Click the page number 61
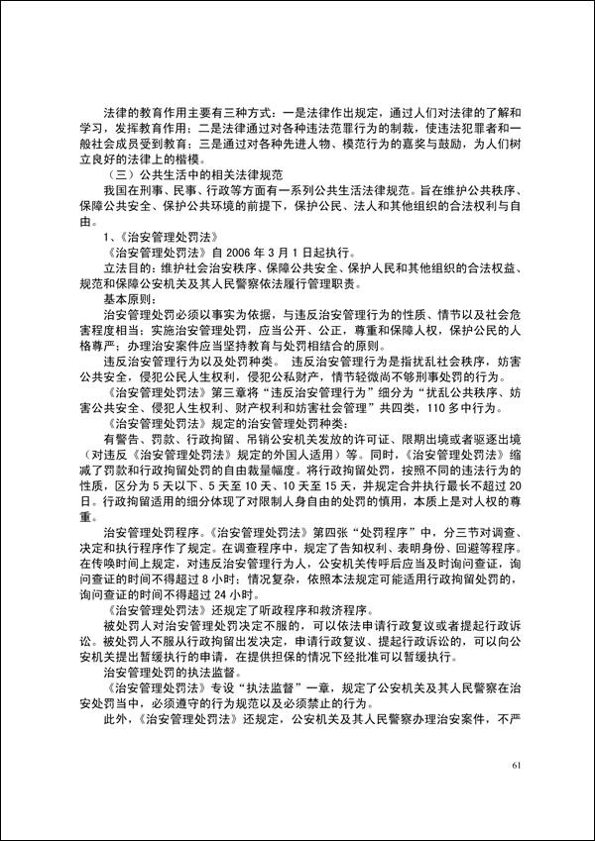(x=514, y=765)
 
